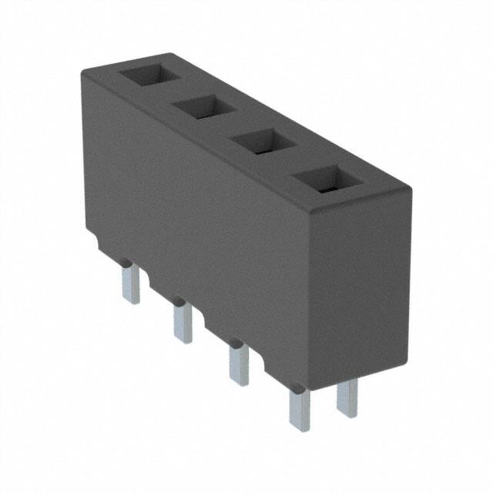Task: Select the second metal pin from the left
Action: (183, 322)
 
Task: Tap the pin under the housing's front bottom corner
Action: (299, 408)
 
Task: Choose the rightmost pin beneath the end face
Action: (347, 397)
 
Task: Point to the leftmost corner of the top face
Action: (83, 71)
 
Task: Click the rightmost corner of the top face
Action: (410, 186)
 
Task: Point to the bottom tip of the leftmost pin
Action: (131, 300)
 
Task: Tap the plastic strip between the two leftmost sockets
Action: (175, 94)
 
